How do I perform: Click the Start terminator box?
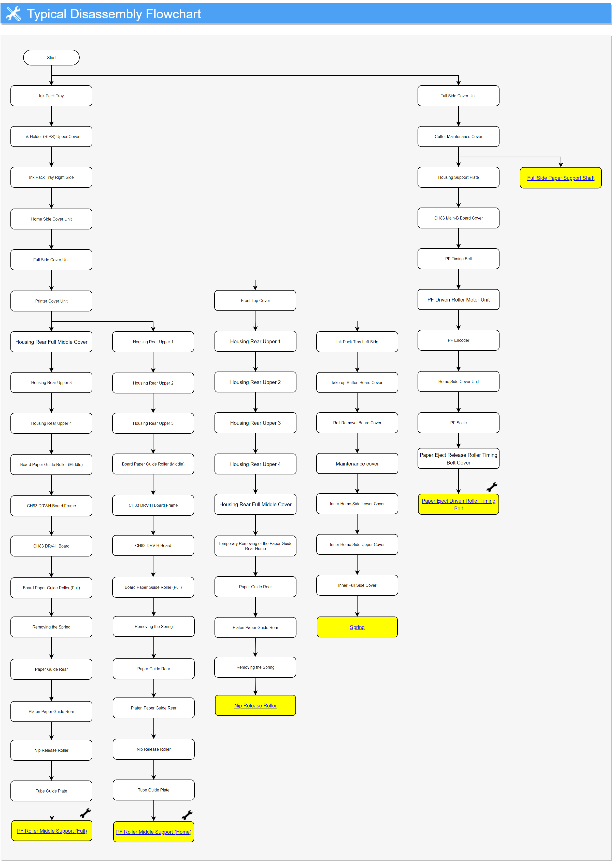tap(51, 57)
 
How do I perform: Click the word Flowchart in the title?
tap(173, 14)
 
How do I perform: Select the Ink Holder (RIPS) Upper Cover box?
tap(51, 136)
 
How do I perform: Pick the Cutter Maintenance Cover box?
tap(458, 136)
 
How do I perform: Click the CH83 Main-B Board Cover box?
tap(458, 218)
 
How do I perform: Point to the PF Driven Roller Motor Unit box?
tap(458, 299)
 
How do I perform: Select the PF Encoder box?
tap(458, 340)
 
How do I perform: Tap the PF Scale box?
tap(458, 423)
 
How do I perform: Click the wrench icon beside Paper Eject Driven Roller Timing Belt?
tap(492, 487)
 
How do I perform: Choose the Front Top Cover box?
tap(255, 300)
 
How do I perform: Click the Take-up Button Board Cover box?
tap(357, 382)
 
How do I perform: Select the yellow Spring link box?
tap(357, 627)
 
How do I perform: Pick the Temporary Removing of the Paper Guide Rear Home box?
tap(255, 546)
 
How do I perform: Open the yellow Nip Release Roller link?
tap(255, 705)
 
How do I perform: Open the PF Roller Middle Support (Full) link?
tap(52, 831)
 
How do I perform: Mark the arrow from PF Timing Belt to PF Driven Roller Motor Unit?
tap(458, 279)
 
